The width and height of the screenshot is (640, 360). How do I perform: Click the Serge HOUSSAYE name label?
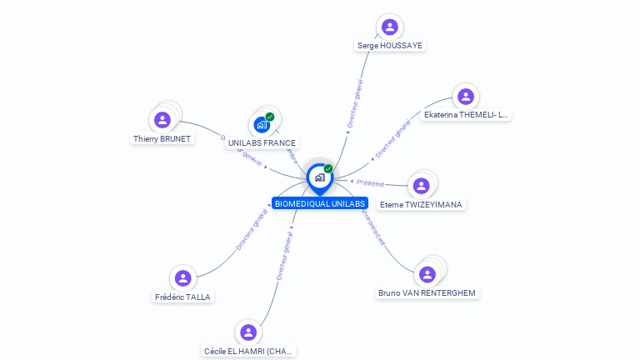[x=390, y=46]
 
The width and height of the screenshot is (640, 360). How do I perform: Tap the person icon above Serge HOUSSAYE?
[x=389, y=27]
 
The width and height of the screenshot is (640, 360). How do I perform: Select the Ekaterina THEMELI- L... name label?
[x=466, y=115]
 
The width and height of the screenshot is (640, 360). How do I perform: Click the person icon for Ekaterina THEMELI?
[x=465, y=97]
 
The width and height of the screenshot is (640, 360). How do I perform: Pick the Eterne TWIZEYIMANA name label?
[x=420, y=204]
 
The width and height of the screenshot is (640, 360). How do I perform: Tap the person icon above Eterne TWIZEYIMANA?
[x=420, y=184]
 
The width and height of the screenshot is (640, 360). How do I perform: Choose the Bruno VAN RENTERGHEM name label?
[x=427, y=293]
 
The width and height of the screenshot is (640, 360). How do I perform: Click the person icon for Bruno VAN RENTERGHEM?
[x=427, y=273]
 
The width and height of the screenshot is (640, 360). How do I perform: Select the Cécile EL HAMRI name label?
[x=248, y=352]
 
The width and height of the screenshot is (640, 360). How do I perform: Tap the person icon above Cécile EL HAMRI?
[x=247, y=332]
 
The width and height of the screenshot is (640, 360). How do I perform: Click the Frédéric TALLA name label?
[x=183, y=297]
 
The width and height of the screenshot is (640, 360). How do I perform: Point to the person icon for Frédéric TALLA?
[x=183, y=277]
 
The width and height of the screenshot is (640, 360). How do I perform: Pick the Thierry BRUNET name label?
[x=162, y=139]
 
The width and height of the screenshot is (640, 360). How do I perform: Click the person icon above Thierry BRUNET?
[x=162, y=119]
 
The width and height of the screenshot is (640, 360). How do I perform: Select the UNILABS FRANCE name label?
[x=262, y=143]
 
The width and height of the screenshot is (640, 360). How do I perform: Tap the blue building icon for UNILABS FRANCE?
[x=262, y=125]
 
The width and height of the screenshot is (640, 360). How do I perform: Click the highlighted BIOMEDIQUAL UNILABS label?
[x=319, y=203]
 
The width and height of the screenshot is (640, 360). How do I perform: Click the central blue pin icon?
[x=319, y=177]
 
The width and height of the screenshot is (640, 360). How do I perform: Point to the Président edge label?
[x=370, y=183]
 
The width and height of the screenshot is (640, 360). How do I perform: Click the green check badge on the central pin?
[x=328, y=168]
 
